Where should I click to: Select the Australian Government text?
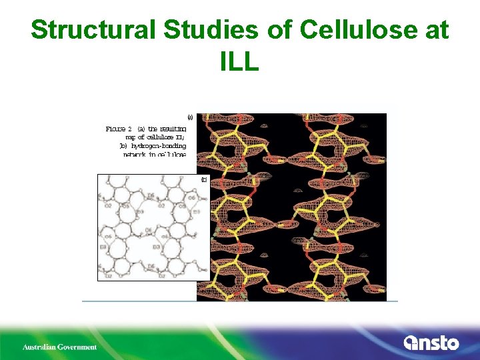pos(60,347)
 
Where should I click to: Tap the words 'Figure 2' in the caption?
pos(119,129)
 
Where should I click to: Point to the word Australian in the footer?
pos(38,347)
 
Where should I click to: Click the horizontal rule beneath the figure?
pos(240,301)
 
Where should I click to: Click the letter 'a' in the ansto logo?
pos(411,343)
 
